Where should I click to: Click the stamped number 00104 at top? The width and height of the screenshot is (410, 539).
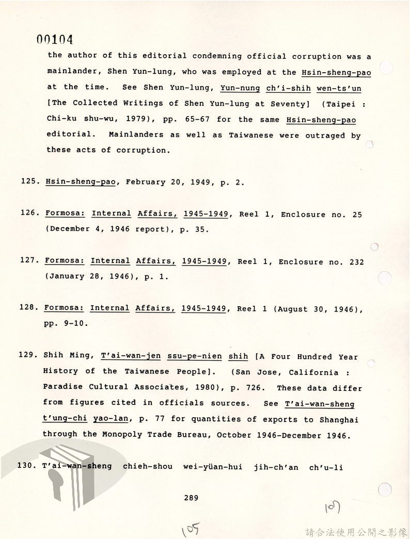pos(54,40)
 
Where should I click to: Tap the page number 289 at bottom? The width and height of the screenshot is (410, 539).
pos(191,498)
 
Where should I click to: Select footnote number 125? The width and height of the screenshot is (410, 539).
pos(29,182)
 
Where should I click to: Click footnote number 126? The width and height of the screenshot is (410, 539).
pos(29,214)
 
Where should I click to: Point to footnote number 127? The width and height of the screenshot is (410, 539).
pos(29,260)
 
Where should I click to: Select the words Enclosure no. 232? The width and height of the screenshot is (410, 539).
pos(321,262)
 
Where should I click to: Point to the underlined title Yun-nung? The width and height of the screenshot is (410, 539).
pos(240,88)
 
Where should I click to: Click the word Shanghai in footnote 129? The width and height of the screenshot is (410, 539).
pos(338,419)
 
